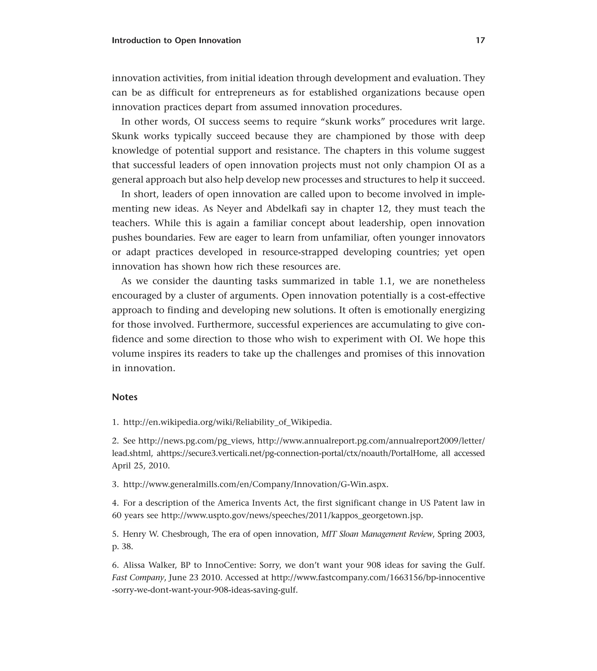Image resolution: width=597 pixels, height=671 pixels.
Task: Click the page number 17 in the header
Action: [x=480, y=40]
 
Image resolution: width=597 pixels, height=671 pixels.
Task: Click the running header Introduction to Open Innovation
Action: [x=176, y=40]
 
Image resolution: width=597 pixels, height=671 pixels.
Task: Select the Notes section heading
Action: [x=124, y=397]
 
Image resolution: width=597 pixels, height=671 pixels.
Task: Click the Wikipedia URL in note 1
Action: [x=227, y=422]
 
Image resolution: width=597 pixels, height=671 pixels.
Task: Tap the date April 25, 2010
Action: [x=141, y=465]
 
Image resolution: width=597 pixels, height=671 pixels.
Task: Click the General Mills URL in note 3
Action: [x=256, y=484]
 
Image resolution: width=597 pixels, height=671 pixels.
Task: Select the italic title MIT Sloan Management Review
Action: [x=377, y=534]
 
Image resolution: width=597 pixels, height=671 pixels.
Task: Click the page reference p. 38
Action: [x=122, y=547]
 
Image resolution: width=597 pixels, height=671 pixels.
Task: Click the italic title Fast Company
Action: [x=138, y=578]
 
